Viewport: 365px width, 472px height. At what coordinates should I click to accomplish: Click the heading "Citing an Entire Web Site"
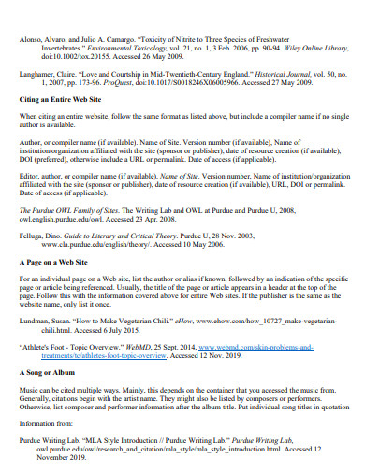tap(63, 124)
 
